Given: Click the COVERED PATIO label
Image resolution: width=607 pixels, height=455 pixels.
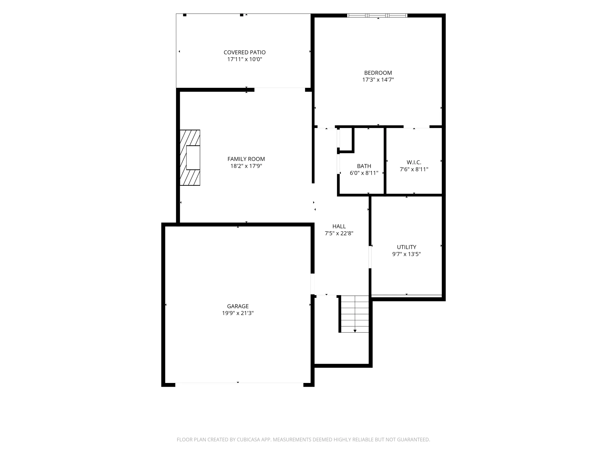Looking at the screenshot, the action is [x=245, y=52].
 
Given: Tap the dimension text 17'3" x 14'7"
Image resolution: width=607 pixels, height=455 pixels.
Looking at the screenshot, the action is [x=378, y=80].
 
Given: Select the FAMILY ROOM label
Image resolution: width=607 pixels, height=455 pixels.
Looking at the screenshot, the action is [x=246, y=159].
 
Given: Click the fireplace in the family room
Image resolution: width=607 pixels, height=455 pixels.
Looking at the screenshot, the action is [x=190, y=157].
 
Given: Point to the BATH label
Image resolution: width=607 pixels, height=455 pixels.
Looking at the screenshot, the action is [x=364, y=166].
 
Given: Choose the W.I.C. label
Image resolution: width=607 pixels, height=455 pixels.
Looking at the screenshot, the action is [x=414, y=162].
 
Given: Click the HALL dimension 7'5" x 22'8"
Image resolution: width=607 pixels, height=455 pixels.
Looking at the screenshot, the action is [x=339, y=233].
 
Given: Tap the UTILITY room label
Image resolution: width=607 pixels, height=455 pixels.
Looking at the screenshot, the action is [x=407, y=247].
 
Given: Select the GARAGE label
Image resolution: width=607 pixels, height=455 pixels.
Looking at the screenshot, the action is [x=238, y=306].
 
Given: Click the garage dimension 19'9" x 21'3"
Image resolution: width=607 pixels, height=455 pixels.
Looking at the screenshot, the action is [x=238, y=313].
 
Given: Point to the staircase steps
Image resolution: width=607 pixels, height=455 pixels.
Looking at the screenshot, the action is [x=355, y=314].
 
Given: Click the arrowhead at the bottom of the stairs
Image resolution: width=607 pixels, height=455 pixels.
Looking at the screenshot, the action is [x=355, y=331].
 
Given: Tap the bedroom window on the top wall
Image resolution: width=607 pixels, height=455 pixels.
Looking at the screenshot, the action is [x=377, y=15].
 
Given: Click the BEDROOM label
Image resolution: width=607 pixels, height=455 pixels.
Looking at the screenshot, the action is [x=378, y=73].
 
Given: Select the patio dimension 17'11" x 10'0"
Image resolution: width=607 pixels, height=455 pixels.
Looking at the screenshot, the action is [x=245, y=60].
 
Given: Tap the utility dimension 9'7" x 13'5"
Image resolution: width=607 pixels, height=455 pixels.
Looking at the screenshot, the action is [x=407, y=254].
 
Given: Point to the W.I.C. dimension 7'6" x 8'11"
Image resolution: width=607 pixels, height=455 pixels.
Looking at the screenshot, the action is [x=414, y=169].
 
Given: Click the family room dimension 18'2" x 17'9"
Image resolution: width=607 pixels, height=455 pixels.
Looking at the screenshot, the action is [x=246, y=166].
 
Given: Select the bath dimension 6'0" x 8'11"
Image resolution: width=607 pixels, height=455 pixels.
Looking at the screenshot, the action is [x=364, y=173].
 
